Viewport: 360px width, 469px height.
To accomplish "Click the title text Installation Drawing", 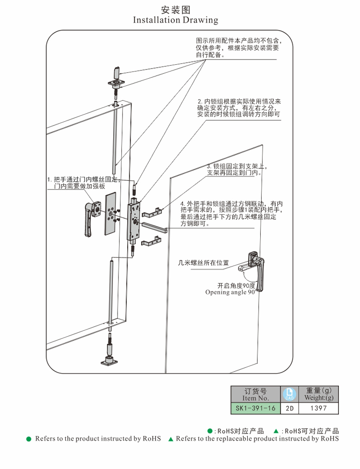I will pyautogui.click(x=175, y=20).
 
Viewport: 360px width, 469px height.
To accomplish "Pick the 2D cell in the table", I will pyautogui.click(x=289, y=409).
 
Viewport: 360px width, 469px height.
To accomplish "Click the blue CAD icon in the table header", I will pyautogui.click(x=289, y=394).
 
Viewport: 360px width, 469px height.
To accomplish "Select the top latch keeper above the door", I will pyautogui.click(x=116, y=79).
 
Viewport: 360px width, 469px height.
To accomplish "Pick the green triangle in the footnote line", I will pyautogui.click(x=170, y=439).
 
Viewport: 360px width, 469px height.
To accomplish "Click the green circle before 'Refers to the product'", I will pyautogui.click(x=28, y=439).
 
